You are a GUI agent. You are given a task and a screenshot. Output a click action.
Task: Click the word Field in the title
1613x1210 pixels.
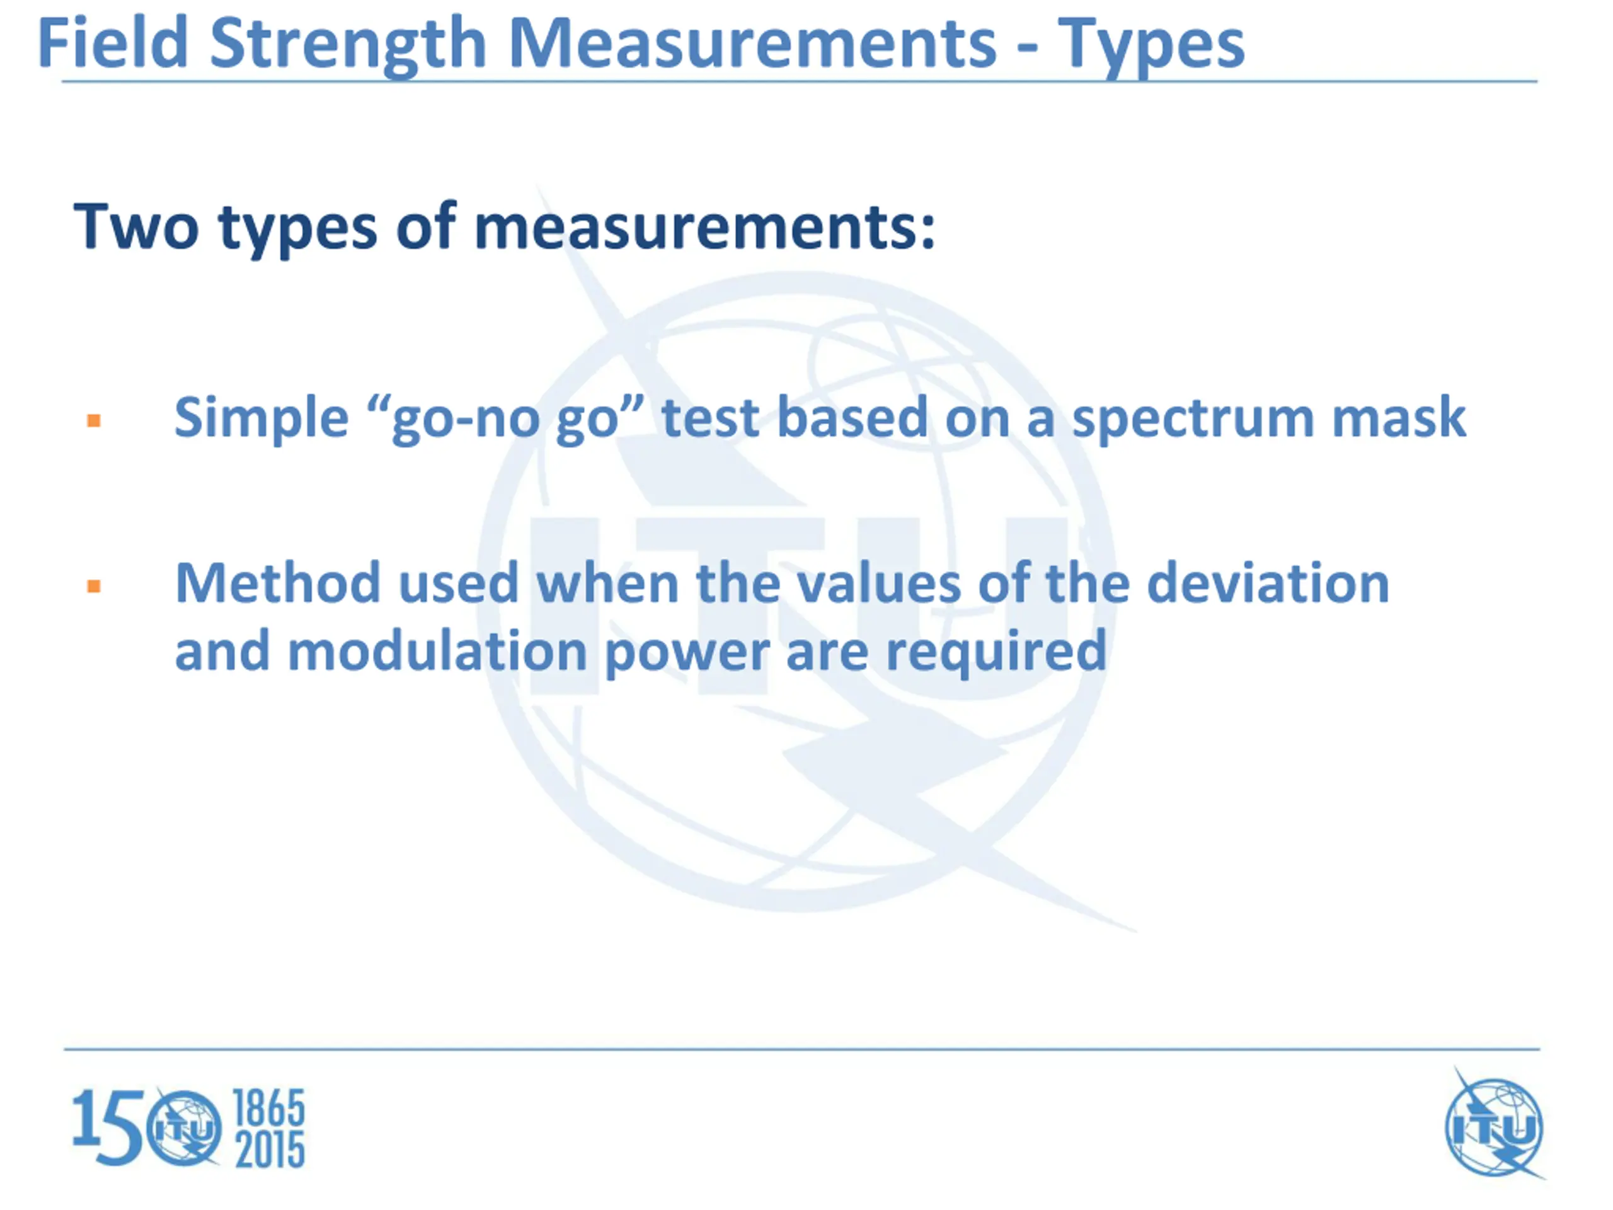tap(113, 43)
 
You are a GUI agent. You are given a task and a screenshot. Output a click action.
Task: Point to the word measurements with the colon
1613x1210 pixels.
tap(704, 228)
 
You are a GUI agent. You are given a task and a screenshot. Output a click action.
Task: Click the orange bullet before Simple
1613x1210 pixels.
tap(93, 420)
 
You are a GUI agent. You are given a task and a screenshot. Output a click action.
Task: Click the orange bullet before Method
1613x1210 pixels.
tap(93, 585)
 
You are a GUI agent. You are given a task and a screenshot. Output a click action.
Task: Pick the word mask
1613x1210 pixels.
tap(1399, 417)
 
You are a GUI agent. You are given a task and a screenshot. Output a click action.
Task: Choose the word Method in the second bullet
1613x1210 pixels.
tap(278, 583)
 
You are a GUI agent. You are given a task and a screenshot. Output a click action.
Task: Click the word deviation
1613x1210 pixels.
tap(1268, 583)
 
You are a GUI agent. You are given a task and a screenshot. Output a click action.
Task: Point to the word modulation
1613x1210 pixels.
tap(437, 650)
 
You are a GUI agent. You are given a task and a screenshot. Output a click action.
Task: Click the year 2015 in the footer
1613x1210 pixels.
tap(269, 1150)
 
